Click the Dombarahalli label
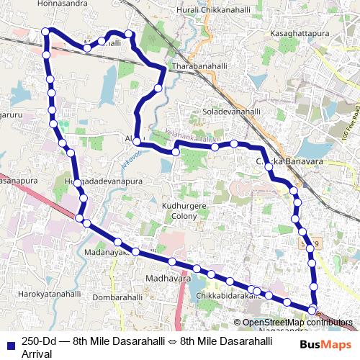(119, 297)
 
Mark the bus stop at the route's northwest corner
(46, 31)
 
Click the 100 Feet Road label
(351, 122)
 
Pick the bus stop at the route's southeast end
(312, 310)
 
